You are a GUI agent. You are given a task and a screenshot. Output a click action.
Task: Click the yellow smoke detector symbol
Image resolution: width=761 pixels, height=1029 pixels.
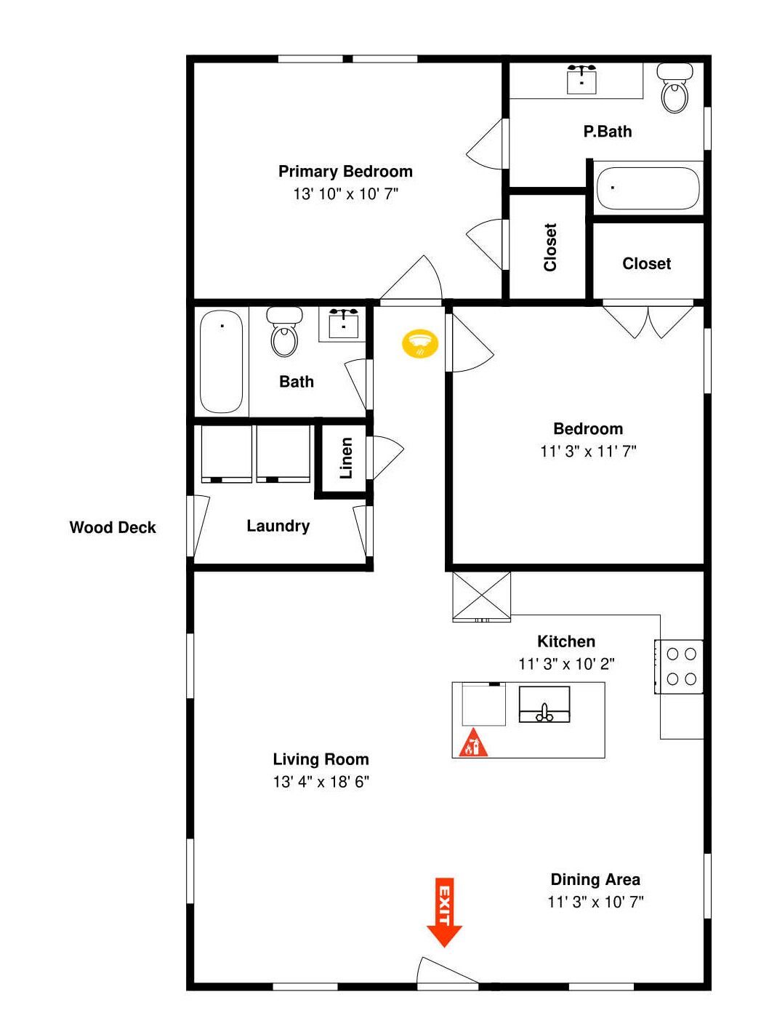pos(420,343)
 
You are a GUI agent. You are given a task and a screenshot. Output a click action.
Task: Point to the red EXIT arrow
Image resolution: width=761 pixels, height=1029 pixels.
pos(443,913)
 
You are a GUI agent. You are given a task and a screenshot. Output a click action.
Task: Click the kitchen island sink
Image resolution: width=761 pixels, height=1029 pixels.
pos(544,705)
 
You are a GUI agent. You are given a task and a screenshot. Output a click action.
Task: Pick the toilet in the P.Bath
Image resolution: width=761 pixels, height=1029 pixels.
pos(675,89)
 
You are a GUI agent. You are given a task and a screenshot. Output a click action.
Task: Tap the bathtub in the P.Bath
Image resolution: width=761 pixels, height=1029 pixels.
pos(648,188)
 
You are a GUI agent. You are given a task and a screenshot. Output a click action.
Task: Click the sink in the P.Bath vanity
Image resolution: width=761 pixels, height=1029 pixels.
pos(582,79)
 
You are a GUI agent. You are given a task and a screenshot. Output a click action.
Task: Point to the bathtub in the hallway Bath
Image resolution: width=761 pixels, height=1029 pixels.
pos(222,361)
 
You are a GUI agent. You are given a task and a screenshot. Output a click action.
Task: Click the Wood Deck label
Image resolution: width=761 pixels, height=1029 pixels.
pos(113,528)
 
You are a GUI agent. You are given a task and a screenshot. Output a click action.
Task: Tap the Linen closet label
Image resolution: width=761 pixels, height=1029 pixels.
pos(346,458)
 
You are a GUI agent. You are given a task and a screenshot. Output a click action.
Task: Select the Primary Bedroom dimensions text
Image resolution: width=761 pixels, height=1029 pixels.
pos(346,194)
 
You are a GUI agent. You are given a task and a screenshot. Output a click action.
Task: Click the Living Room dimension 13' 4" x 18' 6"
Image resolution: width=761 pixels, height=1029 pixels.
pos(321,782)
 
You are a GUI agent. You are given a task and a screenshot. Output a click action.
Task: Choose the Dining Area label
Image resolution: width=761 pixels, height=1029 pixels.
pos(595,880)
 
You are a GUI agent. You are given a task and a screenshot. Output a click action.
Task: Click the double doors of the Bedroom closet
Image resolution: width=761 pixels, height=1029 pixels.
pos(648,320)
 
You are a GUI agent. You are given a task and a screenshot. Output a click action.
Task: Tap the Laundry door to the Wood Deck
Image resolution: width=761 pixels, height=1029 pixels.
pos(198,525)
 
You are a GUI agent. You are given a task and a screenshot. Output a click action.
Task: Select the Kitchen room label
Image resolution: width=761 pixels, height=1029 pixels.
pos(566,641)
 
